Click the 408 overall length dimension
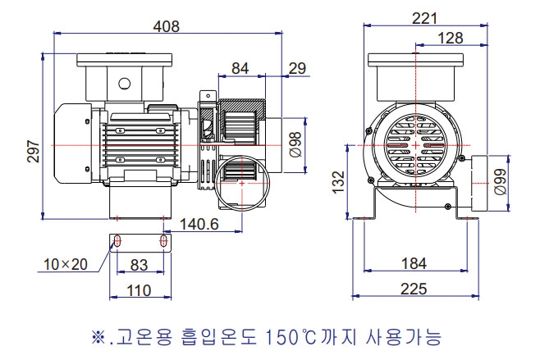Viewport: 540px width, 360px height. (167, 25)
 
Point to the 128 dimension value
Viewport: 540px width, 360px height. (450, 38)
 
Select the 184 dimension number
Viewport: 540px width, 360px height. (416, 263)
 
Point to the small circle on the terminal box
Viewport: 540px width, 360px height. (125, 83)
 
